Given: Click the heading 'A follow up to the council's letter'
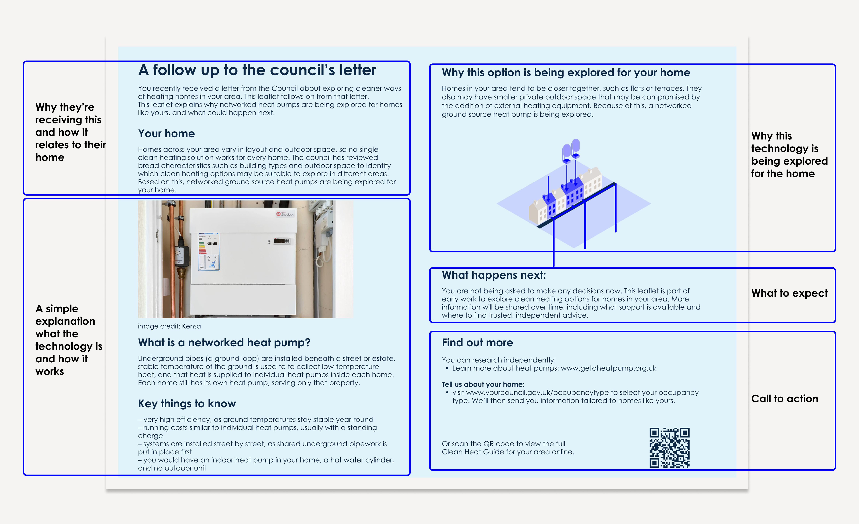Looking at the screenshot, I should coord(257,70).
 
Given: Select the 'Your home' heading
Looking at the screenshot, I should coord(166,134).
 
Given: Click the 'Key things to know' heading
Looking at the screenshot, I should coord(187,404).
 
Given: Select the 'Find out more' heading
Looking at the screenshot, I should coord(477,343).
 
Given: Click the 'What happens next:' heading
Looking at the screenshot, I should coord(494,275).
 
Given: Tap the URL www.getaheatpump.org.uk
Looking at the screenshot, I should coord(608,368).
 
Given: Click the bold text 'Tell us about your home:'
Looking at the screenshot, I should coord(483,385).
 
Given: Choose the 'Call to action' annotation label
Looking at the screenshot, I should coord(784,399).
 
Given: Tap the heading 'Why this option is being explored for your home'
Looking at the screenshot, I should coord(566,73).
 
